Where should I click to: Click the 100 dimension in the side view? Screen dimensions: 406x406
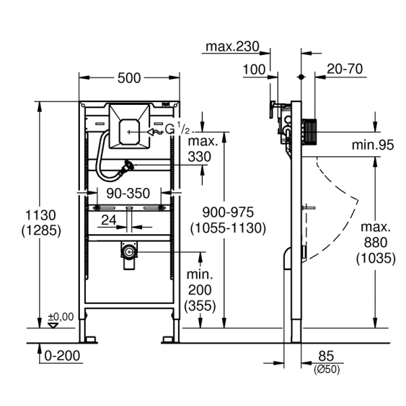tap(254, 69)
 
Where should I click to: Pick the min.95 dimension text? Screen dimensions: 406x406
tap(372, 144)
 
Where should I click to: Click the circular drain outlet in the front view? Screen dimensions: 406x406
tap(128, 252)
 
